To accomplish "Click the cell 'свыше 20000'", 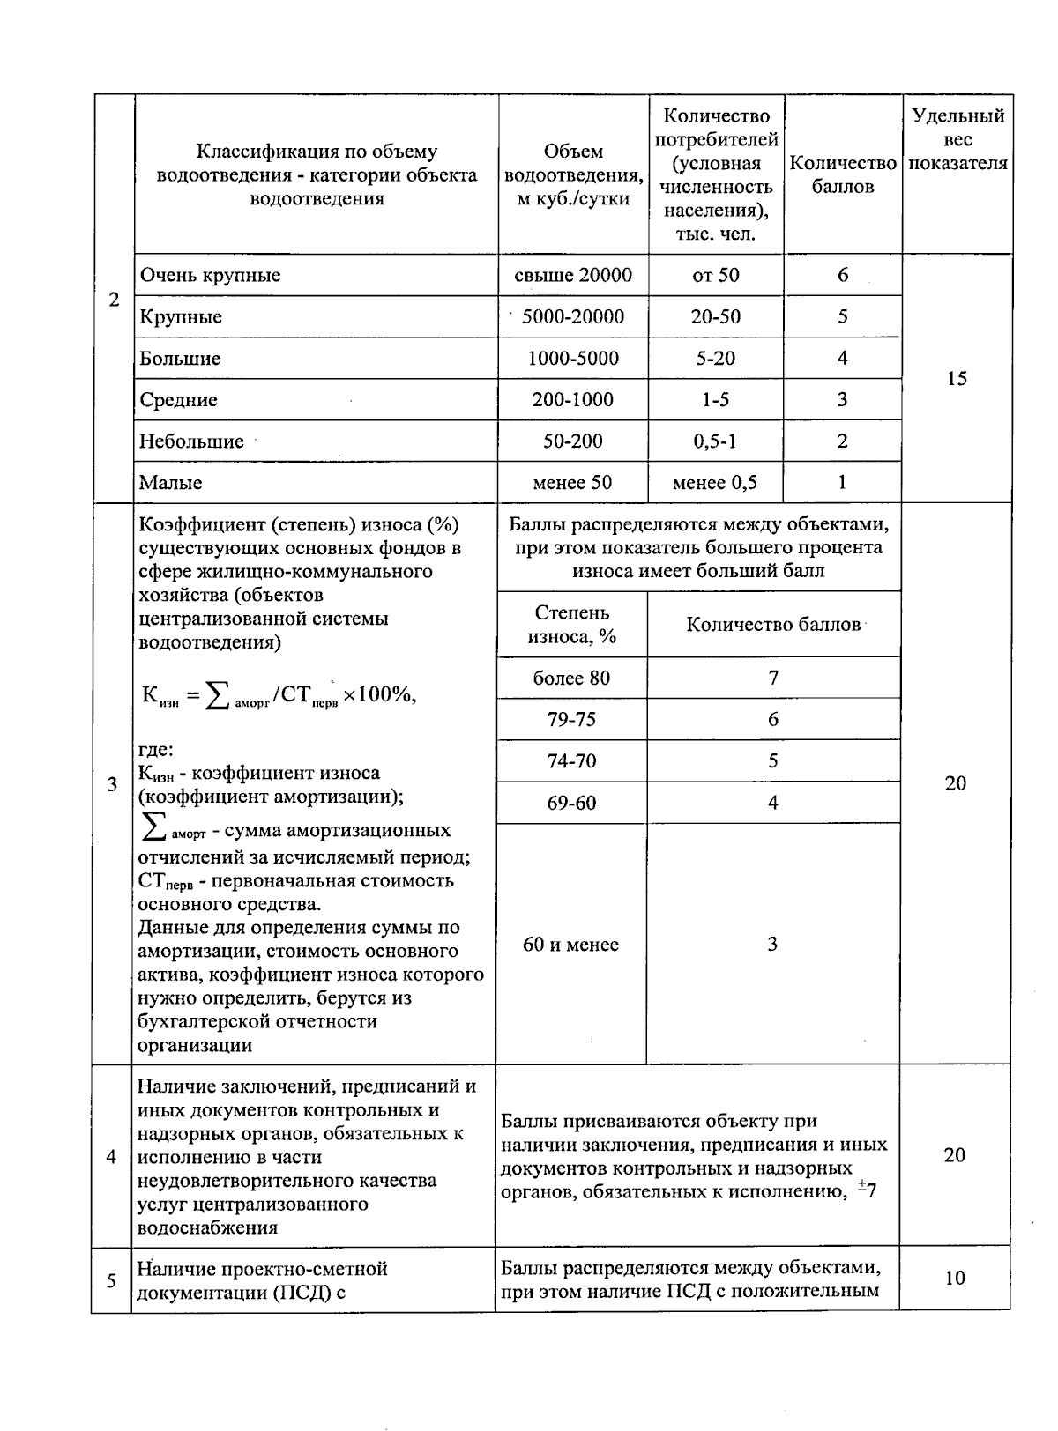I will (573, 275).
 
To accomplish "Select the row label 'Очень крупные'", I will (210, 275).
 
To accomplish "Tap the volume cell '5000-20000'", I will (573, 316).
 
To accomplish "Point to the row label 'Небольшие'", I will (191, 441).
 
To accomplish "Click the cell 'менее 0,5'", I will (714, 482).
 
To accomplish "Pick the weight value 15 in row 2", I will (957, 378).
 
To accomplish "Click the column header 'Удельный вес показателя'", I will (957, 139).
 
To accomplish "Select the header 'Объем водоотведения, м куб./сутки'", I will (573, 174).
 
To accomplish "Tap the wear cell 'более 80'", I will (571, 678).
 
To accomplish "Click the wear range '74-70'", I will (571, 760).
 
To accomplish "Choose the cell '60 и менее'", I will (570, 945).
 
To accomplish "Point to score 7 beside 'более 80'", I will (773, 678).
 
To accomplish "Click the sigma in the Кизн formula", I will (214, 696).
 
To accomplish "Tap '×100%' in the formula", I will (378, 694).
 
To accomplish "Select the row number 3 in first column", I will (112, 784).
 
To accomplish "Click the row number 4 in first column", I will (111, 1156).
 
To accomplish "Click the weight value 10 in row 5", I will (955, 1278).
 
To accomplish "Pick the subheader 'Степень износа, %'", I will (571, 624).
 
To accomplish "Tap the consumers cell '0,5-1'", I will (714, 441).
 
